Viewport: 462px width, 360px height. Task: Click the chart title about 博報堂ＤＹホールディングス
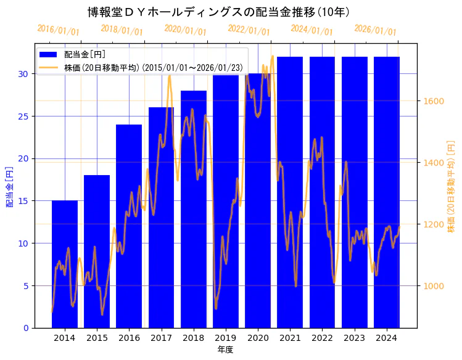(219, 12)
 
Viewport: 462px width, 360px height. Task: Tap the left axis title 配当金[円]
(9, 186)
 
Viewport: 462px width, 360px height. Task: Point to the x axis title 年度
(225, 350)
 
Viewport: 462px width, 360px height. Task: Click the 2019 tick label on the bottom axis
(226, 338)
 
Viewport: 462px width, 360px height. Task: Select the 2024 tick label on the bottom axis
(387, 338)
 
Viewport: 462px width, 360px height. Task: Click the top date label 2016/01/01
(59, 30)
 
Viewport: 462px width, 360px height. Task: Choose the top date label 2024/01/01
(312, 30)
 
